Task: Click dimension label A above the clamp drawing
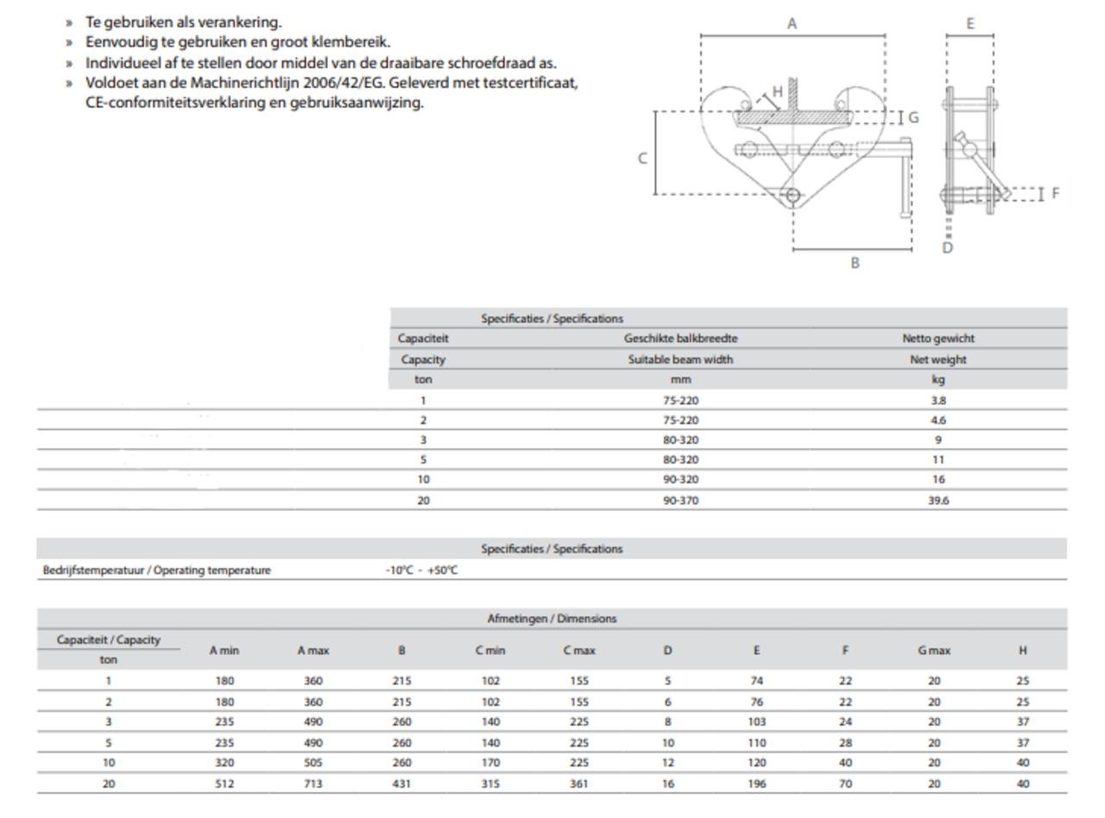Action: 792,24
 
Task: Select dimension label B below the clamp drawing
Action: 855,263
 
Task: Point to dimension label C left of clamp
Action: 642,159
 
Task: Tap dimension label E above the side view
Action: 969,24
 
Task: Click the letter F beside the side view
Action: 1055,194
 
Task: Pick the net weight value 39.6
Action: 938,500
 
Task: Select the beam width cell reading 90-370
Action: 680,500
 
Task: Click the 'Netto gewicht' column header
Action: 938,339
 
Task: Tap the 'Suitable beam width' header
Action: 680,360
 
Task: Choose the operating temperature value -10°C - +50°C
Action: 421,570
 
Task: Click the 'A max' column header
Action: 313,651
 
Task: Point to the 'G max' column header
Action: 934,651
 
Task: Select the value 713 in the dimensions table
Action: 313,784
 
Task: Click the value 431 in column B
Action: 401,784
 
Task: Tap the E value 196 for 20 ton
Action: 757,784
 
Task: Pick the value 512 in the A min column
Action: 224,784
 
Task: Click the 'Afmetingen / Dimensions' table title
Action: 552,619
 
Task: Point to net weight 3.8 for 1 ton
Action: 938,400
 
